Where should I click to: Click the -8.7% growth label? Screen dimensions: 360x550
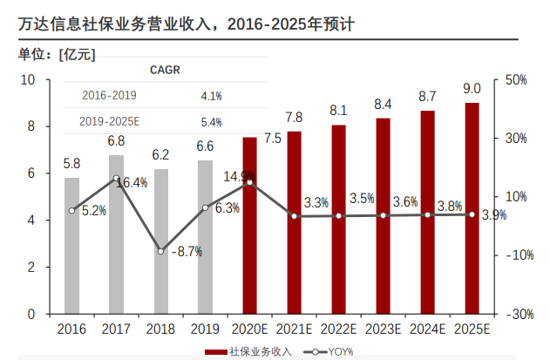click(x=187, y=251)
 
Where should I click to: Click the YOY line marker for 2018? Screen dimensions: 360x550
click(x=161, y=251)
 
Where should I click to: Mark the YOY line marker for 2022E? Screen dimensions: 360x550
click(x=339, y=215)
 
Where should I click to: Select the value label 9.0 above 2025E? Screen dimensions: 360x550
click(x=472, y=88)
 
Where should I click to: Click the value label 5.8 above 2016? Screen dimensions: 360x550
click(x=72, y=163)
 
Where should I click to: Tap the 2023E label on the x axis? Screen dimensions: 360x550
click(x=383, y=329)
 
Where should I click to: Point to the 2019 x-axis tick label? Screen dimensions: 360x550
click(x=205, y=329)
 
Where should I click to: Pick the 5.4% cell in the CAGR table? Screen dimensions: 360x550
click(x=211, y=122)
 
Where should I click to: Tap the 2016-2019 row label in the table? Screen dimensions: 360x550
click(x=109, y=95)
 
